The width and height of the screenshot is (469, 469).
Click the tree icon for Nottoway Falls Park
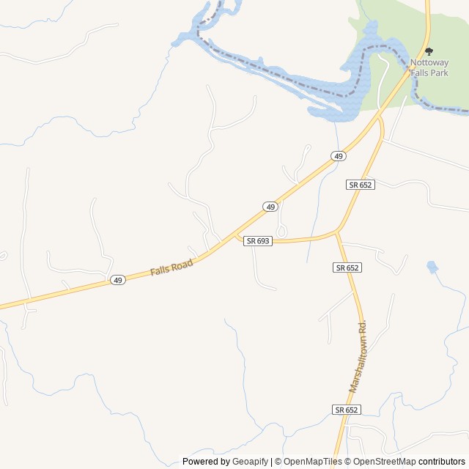click(x=429, y=51)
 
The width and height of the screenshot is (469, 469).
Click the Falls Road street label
click(x=171, y=267)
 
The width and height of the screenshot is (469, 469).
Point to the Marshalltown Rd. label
click(x=358, y=356)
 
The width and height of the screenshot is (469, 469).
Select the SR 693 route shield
click(x=258, y=240)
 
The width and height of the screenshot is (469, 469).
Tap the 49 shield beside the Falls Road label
click(x=117, y=280)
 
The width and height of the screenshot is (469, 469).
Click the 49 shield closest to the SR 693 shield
click(x=270, y=207)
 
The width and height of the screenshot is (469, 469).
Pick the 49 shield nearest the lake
click(x=337, y=156)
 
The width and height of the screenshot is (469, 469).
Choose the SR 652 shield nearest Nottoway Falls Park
click(x=361, y=185)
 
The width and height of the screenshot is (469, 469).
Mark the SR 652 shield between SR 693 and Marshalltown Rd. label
click(x=347, y=267)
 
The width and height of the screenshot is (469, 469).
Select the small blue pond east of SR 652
click(x=432, y=267)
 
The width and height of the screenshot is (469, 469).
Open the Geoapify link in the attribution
click(x=251, y=462)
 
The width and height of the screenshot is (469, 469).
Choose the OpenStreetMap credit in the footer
click(x=380, y=462)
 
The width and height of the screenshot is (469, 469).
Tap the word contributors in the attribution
click(x=442, y=462)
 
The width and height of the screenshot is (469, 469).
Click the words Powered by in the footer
click(x=206, y=462)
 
